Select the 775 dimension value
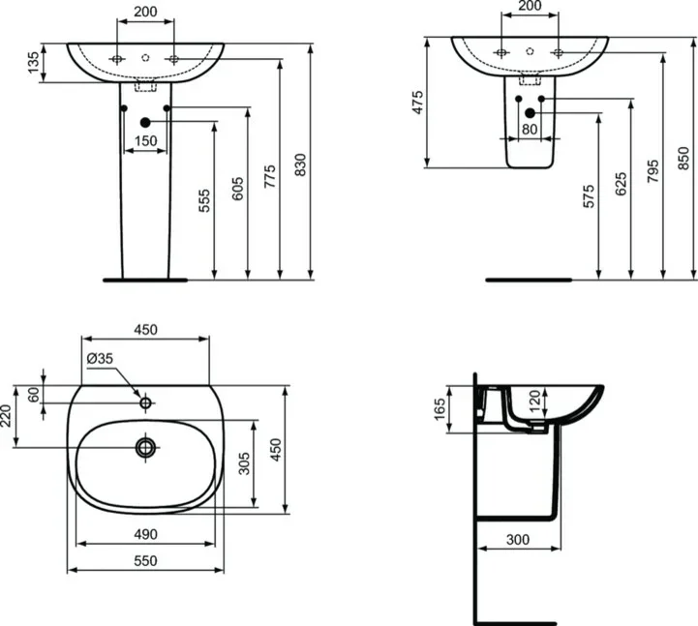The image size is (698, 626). coord(270,175)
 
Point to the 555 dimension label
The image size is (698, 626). coord(204,200)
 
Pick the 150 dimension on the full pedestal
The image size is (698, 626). coord(145,141)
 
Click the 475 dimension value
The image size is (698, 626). coord(418,103)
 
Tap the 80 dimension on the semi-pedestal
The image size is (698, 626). coord(530,128)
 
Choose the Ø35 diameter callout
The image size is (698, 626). coord(101,358)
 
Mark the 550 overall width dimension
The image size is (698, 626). coord(145,560)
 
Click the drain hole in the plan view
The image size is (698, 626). coord(146,447)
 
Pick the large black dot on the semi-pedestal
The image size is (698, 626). coord(530,113)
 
